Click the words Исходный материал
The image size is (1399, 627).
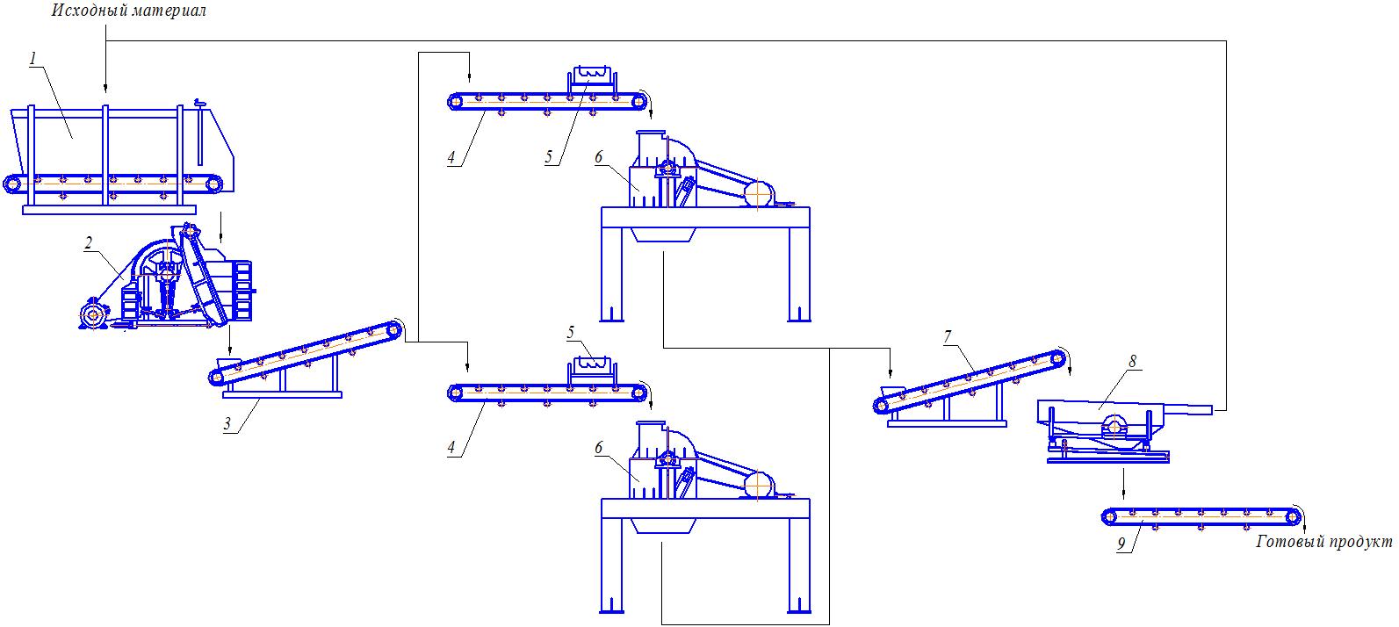(129, 11)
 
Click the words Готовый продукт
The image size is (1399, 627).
(1324, 542)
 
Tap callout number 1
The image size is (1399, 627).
(32, 59)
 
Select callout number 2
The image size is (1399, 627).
(88, 244)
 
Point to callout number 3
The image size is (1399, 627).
(227, 425)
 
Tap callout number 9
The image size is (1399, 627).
(1121, 544)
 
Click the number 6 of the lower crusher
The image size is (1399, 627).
(599, 448)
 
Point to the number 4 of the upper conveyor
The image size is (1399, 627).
(451, 158)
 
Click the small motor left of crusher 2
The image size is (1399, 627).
(91, 315)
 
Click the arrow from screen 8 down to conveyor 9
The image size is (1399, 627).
(1123, 484)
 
